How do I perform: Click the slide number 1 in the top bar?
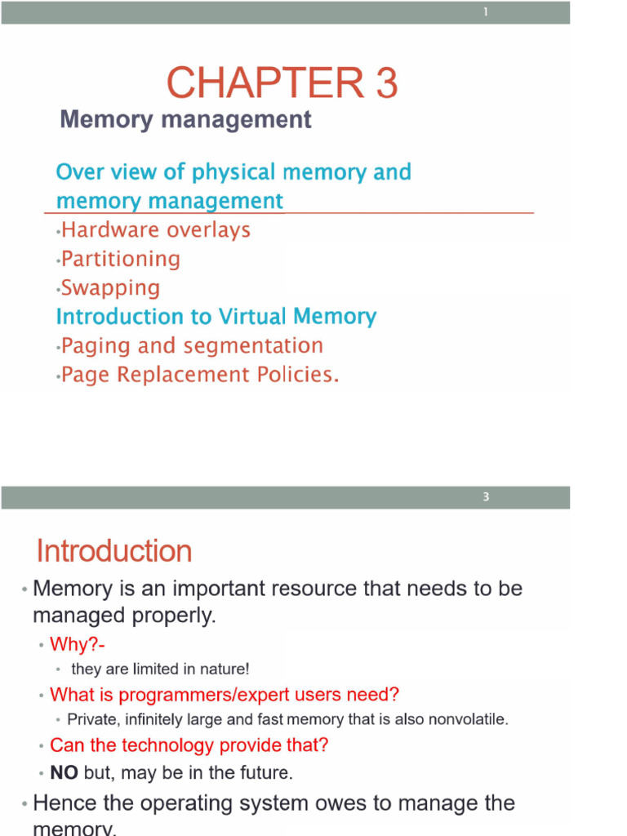pyautogui.click(x=485, y=12)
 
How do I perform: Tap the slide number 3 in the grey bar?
pyautogui.click(x=486, y=497)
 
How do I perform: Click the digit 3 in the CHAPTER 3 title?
pyautogui.click(x=386, y=83)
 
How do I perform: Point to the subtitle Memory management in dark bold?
pyautogui.click(x=185, y=120)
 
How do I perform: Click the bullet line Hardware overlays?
pyautogui.click(x=155, y=230)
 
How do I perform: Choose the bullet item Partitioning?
pyautogui.click(x=121, y=260)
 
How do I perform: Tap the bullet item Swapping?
pyautogui.click(x=110, y=288)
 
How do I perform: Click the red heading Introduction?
pyautogui.click(x=114, y=551)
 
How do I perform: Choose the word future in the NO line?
pyautogui.click(x=266, y=772)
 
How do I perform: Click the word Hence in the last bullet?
pyautogui.click(x=63, y=803)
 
